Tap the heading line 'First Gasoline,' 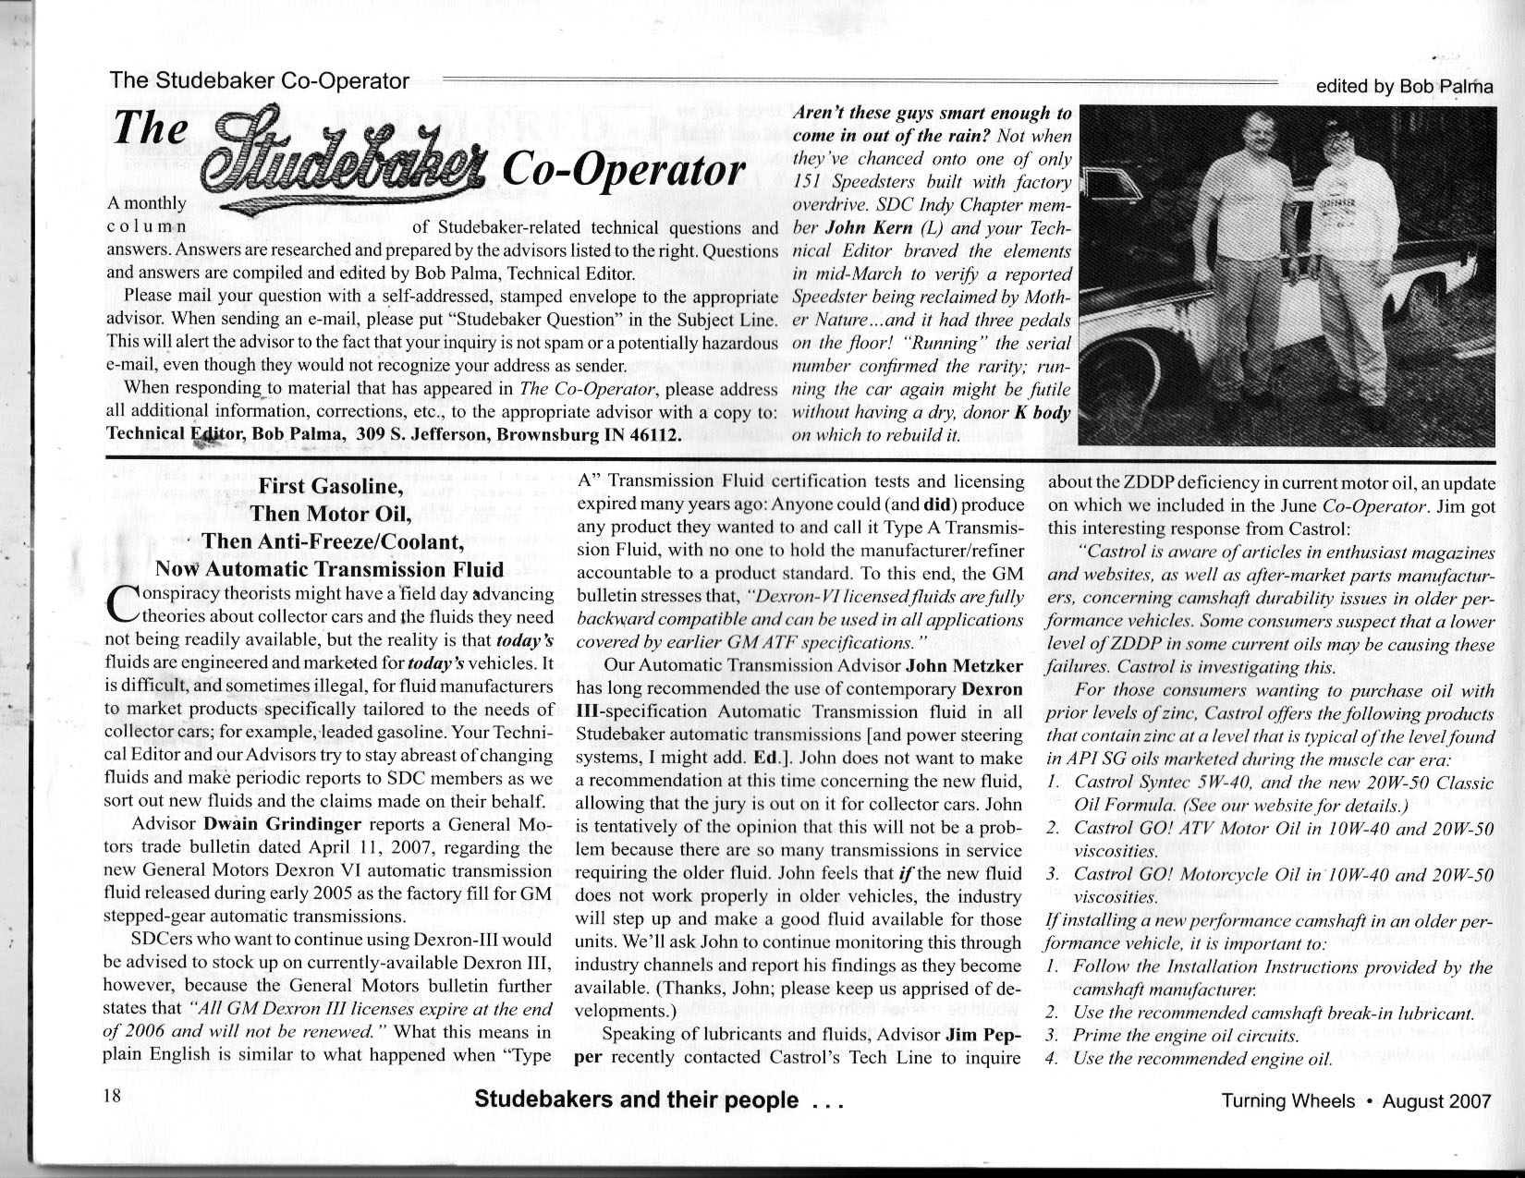[329, 487]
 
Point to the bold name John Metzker [964, 666]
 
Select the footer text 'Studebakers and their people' [636, 1099]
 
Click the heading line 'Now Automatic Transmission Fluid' [330, 568]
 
